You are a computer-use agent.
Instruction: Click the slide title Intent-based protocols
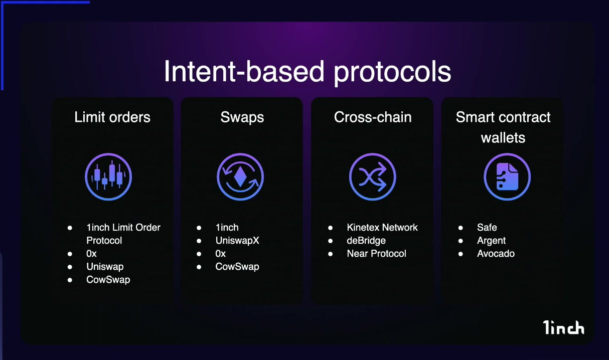pos(308,72)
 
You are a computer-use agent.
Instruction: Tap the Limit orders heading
pos(112,117)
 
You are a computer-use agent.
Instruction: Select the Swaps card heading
pos(242,118)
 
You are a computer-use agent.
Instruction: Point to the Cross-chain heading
pos(373,117)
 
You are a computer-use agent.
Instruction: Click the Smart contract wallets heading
pos(503,127)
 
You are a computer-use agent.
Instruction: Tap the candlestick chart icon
pos(108,176)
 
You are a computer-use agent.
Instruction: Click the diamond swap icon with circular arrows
pos(240,176)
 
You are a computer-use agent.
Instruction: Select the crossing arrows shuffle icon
pos(372,176)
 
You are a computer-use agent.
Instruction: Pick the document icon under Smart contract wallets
pos(507,176)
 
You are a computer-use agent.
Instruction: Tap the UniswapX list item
pos(237,241)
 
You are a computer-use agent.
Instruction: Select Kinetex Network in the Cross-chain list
pos(382,228)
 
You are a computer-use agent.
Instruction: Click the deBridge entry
pos(366,241)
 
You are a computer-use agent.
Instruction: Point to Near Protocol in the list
pos(377,254)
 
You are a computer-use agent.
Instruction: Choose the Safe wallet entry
pos(487,228)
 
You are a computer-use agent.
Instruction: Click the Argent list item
pos(491,241)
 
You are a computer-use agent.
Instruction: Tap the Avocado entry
pos(496,254)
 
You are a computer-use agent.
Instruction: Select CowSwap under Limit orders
pos(108,280)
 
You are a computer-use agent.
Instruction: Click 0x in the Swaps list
pos(221,254)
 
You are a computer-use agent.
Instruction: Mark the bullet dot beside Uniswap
pos(70,267)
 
